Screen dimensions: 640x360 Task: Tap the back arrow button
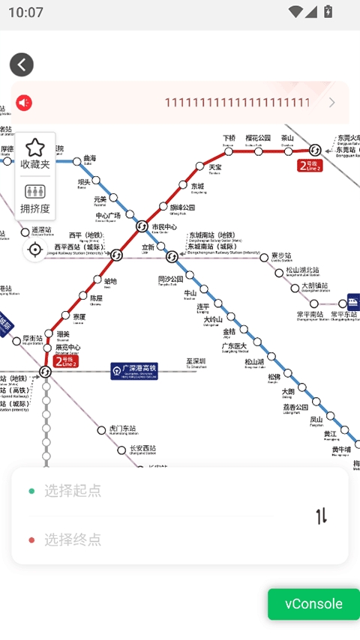[22, 64]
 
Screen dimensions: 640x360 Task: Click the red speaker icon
[25, 103]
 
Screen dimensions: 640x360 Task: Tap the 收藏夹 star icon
[34, 149]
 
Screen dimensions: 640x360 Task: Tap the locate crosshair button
[34, 250]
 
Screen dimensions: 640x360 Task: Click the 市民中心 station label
[164, 227]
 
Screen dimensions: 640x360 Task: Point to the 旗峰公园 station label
[182, 207]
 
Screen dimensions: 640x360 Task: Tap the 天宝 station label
[215, 167]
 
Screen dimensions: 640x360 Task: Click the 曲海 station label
[90, 159]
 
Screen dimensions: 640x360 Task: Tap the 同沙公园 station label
[171, 280]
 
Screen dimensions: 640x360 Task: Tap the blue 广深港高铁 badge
[134, 371]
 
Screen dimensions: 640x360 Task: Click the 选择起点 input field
[150, 491]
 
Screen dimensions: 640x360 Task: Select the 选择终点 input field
[150, 540]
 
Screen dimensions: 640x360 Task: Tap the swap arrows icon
[321, 516]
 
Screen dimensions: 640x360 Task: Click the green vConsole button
[313, 604]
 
